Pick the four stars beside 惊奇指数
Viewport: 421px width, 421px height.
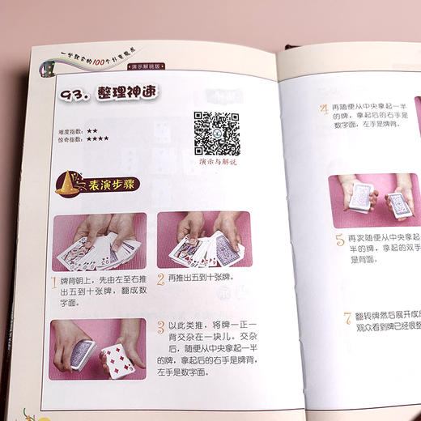click(98, 138)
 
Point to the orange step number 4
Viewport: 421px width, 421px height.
click(323, 110)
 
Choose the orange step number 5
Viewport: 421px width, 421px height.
click(340, 240)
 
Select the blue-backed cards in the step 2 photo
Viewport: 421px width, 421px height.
click(213, 245)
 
